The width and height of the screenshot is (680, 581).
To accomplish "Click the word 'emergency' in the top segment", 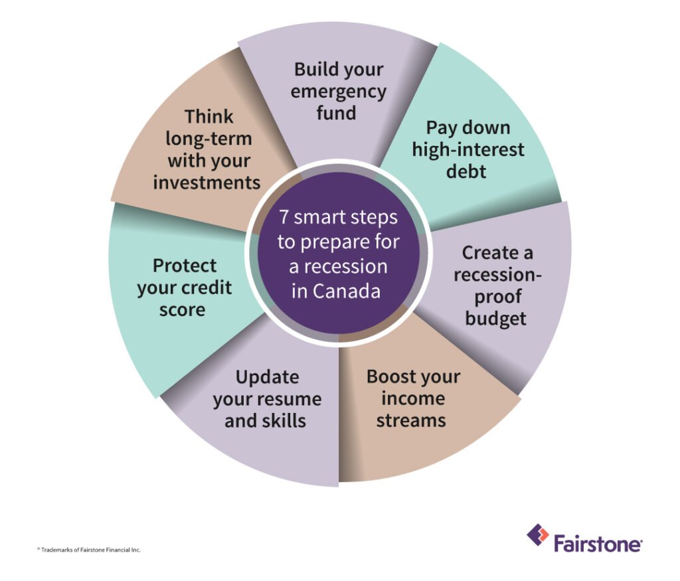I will (339, 91).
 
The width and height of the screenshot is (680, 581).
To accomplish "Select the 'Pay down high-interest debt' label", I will (468, 149).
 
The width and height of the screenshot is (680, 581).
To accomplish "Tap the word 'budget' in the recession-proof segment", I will (496, 318).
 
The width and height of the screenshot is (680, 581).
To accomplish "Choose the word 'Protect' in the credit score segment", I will (185, 266).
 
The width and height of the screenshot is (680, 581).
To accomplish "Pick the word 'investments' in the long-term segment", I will (207, 183).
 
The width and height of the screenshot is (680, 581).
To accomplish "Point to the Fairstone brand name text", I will (598, 544).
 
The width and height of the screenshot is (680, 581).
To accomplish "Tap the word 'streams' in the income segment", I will (411, 420).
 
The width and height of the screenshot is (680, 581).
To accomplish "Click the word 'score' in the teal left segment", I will (182, 309).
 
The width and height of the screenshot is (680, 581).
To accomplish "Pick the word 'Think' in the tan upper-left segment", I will (209, 117).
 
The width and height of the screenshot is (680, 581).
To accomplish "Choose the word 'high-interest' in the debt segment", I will (468, 149).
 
